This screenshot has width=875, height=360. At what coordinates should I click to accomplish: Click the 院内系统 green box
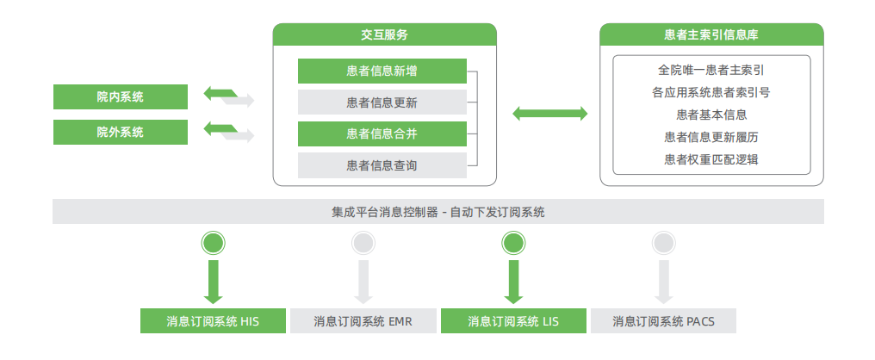[120, 96]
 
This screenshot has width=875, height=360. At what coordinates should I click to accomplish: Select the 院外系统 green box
[120, 133]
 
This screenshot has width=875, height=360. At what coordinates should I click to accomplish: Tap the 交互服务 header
[384, 35]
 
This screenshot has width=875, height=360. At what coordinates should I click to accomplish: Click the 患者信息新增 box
[382, 71]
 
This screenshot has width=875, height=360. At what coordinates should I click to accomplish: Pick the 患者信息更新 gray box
[382, 102]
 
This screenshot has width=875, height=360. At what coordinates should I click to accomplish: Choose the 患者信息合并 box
[382, 133]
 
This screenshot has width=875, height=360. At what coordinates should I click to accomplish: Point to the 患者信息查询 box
[382, 165]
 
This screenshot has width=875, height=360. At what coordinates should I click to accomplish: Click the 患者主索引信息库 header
[711, 35]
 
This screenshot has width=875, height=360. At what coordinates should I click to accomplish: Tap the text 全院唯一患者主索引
[711, 69]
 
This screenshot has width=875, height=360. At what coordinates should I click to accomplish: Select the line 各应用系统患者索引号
[711, 91]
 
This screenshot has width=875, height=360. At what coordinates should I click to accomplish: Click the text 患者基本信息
[711, 114]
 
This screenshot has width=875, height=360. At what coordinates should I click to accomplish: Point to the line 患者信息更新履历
[711, 136]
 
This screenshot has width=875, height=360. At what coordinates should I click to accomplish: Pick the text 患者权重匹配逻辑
[711, 158]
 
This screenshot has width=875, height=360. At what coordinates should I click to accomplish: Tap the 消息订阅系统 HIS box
[213, 321]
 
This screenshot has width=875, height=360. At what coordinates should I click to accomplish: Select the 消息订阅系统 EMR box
[363, 321]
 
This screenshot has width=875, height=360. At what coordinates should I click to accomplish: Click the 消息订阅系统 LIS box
[513, 321]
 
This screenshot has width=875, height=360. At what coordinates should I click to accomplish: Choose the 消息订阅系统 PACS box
[663, 321]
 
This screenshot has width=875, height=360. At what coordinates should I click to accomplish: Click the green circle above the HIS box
[213, 243]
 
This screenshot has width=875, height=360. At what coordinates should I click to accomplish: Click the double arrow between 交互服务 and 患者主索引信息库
[550, 113]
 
